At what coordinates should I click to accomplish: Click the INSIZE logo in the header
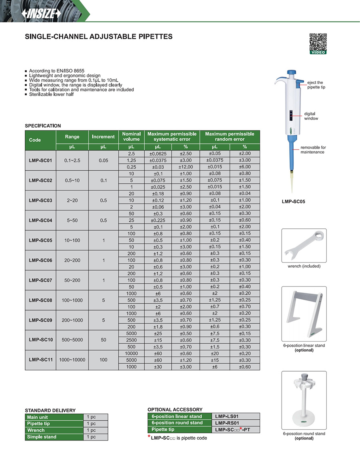pos(42,13)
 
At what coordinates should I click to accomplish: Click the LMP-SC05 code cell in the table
pos(40,240)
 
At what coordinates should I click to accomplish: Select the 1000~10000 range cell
pos(72,360)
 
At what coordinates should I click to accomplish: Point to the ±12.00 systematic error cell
pos(186,167)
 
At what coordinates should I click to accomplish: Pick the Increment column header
pos(103,137)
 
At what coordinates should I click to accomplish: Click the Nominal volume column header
pos(131,137)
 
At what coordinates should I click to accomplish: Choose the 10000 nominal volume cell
pos(131,353)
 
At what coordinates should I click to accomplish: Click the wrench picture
pos(304,246)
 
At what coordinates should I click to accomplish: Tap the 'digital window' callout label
pos(311,116)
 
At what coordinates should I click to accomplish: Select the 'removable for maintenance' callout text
pos(313,150)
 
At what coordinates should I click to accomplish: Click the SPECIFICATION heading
pos(43,126)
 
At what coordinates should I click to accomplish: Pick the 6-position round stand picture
pos(304,400)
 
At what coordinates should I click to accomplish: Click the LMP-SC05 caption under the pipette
pos(293,202)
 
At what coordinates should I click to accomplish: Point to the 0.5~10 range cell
pos(72,180)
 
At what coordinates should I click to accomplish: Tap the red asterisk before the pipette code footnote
pos(149,437)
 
